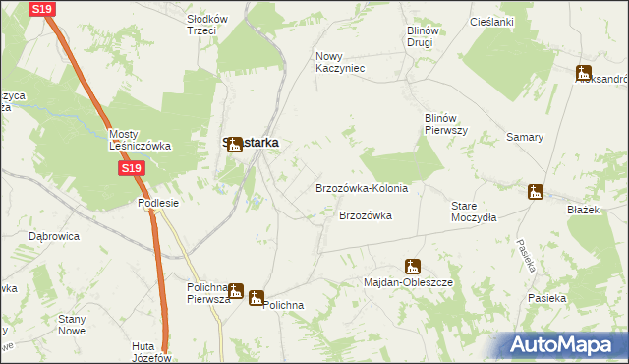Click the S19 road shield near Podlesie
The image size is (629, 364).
tap(133, 169)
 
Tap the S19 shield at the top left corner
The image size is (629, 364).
tap(40, 9)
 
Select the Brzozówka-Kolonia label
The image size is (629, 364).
tap(361, 187)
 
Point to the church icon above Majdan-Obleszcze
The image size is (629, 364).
tap(412, 266)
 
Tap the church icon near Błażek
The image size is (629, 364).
tap(536, 192)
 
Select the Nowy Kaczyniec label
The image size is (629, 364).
tap(340, 62)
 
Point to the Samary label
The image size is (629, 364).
tap(525, 137)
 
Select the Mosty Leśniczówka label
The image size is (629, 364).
tap(140, 140)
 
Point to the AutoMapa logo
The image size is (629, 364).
tap(561, 344)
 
